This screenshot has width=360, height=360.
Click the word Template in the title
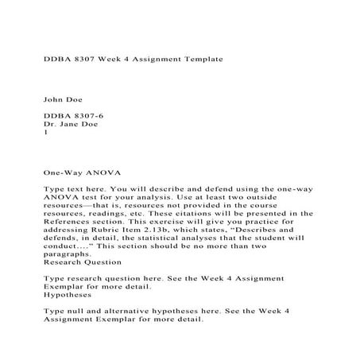(192, 59)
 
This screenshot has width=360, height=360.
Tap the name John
(52, 100)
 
